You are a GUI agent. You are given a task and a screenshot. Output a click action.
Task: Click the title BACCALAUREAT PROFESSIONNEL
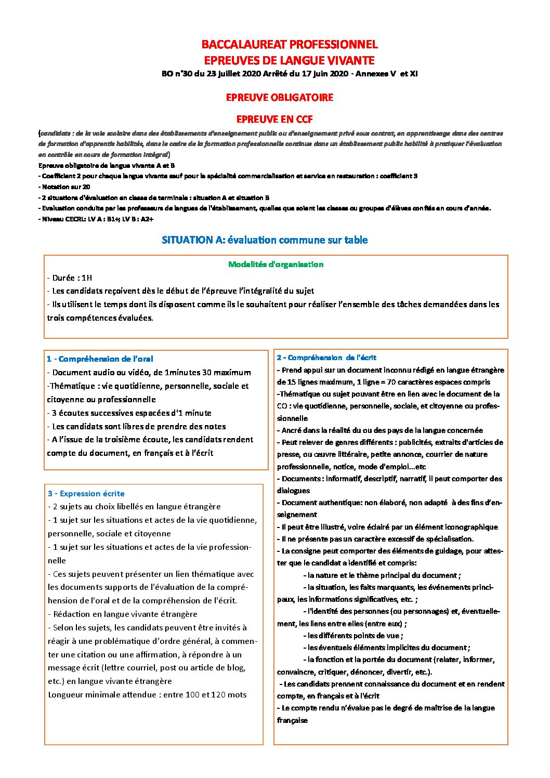289,44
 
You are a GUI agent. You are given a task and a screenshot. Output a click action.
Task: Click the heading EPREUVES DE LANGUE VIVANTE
289,60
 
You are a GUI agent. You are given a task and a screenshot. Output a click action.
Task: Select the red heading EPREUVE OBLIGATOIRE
279,97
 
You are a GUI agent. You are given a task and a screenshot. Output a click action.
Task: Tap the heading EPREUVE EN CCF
274,119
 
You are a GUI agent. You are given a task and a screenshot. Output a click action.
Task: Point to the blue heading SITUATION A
265,240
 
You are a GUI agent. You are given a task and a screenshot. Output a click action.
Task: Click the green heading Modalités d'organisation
276,264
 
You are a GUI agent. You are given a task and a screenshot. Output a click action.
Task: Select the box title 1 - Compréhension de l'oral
100,359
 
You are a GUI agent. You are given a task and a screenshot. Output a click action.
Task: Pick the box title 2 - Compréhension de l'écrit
326,358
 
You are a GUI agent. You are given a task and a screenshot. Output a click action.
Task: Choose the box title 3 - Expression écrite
86,493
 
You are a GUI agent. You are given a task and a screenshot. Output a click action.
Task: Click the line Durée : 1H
70,278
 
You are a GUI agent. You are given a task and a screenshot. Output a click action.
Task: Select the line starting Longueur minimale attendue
147,694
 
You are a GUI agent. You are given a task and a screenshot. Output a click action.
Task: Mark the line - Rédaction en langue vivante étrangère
123,614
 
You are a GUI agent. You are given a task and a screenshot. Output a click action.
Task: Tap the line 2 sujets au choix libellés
134,506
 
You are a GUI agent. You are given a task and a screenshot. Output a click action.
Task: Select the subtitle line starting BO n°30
290,74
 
